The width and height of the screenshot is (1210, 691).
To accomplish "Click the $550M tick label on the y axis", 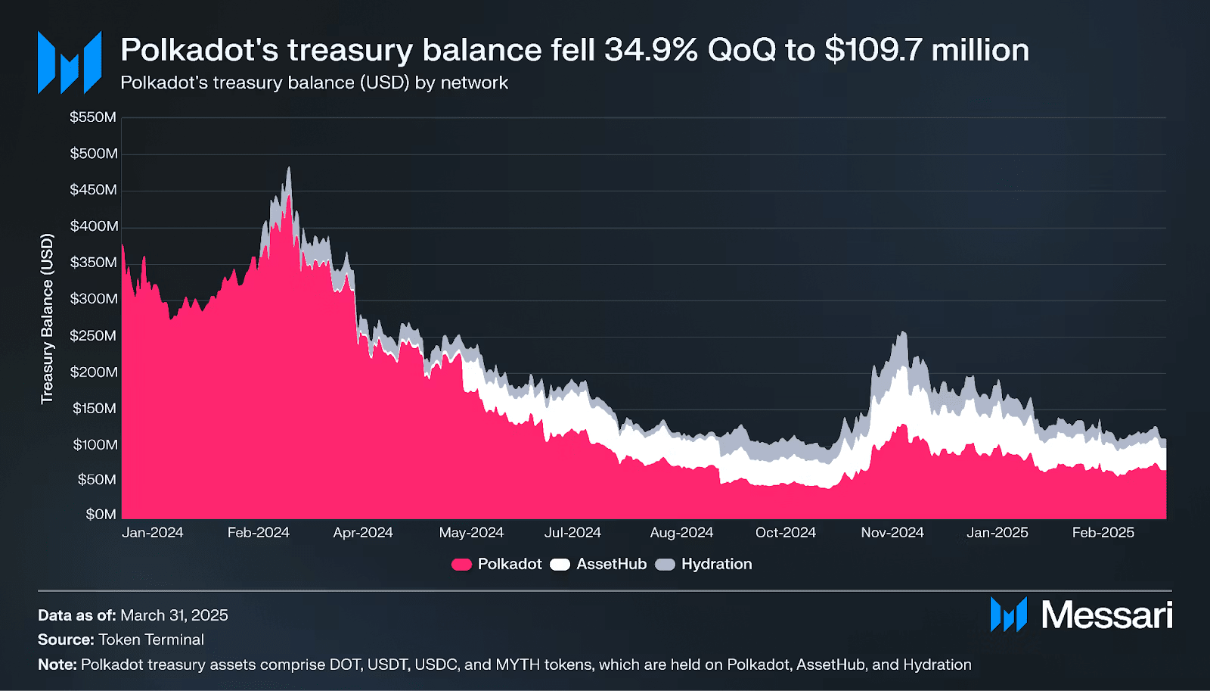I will [93, 117].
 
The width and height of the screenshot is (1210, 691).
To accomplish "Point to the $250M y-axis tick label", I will [93, 335].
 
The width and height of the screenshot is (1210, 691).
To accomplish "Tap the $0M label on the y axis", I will [101, 515].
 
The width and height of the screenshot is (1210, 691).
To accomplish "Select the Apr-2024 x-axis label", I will [363, 533].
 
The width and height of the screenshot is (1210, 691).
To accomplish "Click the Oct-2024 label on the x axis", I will [785, 533].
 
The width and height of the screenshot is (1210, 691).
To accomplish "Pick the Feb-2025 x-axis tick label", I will [1103, 533].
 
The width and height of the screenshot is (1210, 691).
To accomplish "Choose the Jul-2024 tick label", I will [572, 533].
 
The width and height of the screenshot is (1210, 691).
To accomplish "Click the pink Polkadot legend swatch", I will [461, 565].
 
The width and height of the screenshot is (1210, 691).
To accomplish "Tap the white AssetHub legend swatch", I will [560, 565].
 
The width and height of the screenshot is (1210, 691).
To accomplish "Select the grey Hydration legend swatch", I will [665, 565].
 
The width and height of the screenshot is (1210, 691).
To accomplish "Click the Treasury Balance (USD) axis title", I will [48, 319].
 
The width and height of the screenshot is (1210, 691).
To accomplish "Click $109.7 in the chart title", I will [873, 50].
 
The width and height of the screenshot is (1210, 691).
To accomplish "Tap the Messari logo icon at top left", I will [70, 62].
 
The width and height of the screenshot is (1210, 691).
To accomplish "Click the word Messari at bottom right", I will [1106, 615].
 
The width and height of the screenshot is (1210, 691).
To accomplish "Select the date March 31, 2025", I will [174, 615].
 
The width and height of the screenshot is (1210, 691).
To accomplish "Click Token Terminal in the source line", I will [151, 640].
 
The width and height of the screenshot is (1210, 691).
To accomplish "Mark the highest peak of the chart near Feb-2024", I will [288, 169].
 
